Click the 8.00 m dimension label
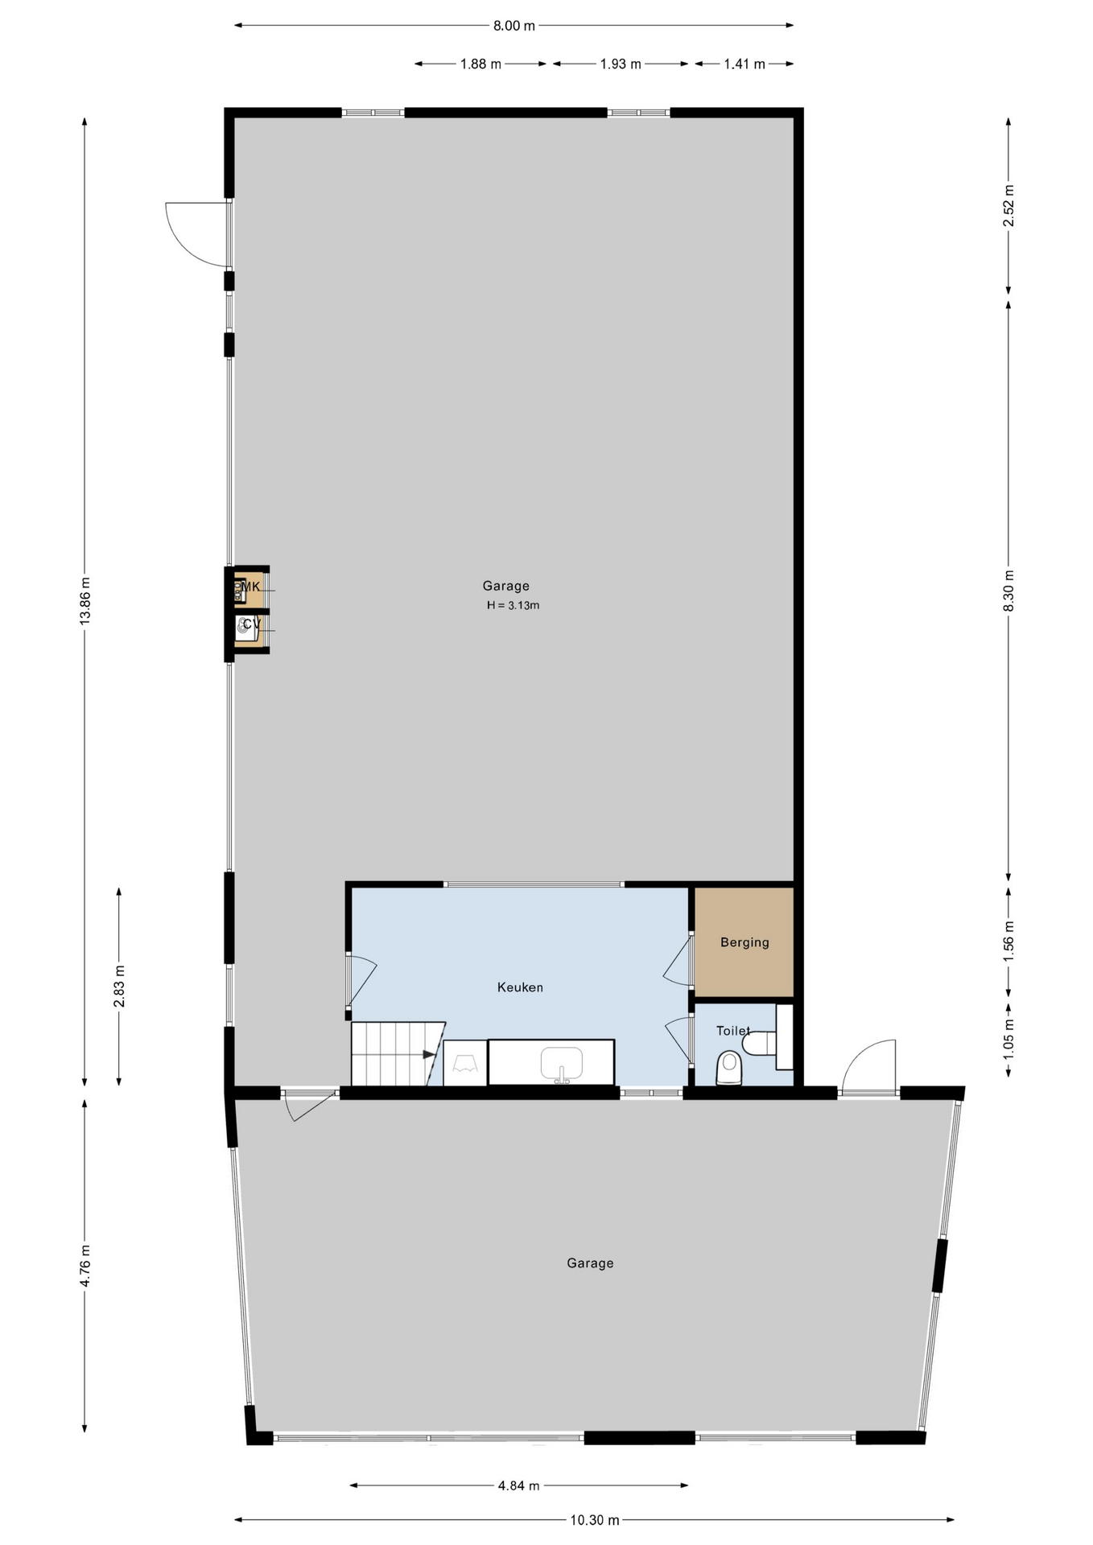pos(514,26)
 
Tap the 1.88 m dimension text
pos(481,64)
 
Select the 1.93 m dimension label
pos(621,64)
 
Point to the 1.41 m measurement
pos(744,64)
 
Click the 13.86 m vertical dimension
pos(85,600)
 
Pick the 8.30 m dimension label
pos(1008,591)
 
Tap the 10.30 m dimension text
pos(595,1520)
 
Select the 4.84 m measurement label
pos(518,1485)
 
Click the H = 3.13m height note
pos(513,605)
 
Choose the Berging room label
pos(744,942)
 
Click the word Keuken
pos(520,987)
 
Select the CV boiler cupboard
pos(248,628)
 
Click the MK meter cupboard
pos(248,590)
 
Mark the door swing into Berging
pos(678,960)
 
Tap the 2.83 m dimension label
pos(119,987)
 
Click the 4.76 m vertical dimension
pos(85,1266)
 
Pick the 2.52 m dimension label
pos(1008,206)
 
